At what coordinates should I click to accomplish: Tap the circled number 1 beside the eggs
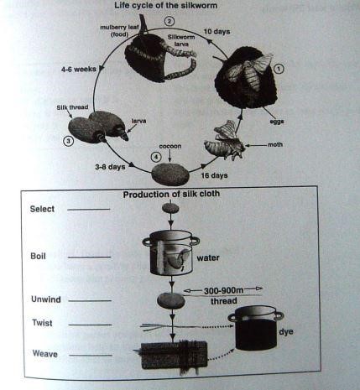point(279,69)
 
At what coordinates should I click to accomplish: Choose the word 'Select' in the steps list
point(44,208)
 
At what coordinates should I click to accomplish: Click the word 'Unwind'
point(44,299)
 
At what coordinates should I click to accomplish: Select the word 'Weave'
point(43,355)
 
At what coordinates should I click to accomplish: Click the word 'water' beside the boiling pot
point(207,259)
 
